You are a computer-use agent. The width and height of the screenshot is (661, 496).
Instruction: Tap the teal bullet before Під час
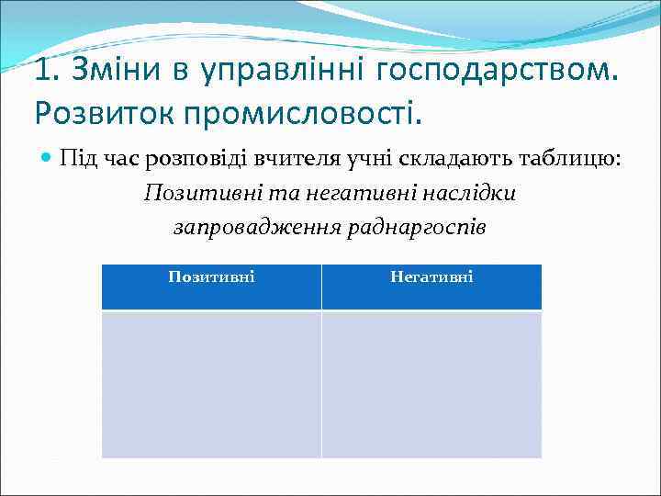pyautogui.click(x=47, y=160)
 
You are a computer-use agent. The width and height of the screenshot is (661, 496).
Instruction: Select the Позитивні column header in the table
pyautogui.click(x=211, y=276)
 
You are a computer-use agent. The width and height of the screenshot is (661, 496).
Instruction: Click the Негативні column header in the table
pyautogui.click(x=431, y=276)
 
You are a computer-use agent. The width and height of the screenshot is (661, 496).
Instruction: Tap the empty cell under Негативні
pyautogui.click(x=431, y=383)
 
